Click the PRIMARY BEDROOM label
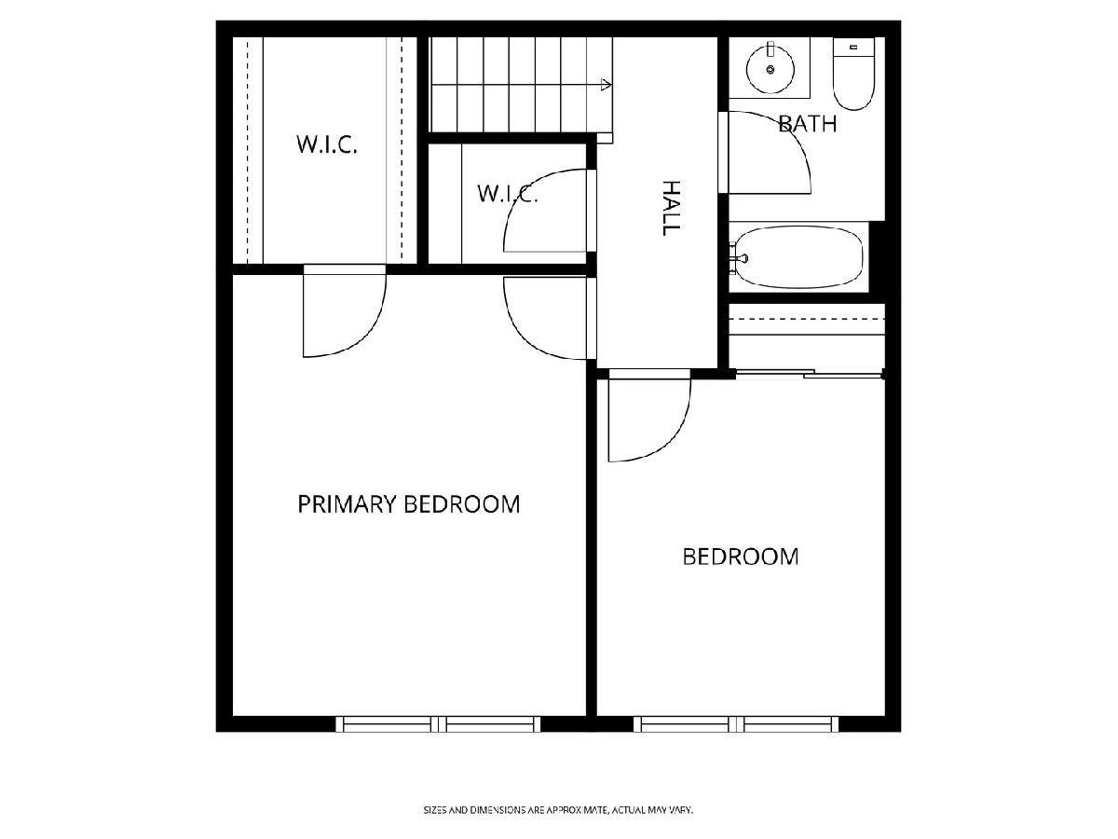(408, 504)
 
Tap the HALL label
(671, 208)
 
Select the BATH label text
(808, 124)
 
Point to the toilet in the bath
(853, 74)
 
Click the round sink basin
(770, 70)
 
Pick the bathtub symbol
(798, 257)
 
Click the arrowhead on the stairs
(607, 85)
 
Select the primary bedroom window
(438, 724)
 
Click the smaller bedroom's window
(736, 724)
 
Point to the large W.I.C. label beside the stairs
(327, 144)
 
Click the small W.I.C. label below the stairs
(508, 194)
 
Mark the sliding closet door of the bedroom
(809, 375)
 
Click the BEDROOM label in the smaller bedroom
(741, 557)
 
